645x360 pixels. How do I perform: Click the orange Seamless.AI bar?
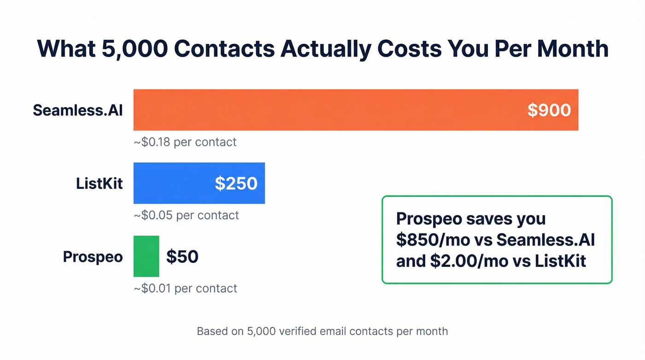(322, 110)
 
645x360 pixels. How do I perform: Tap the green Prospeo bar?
(146, 256)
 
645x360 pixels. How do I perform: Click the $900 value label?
(549, 110)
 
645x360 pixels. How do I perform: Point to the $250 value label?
(236, 183)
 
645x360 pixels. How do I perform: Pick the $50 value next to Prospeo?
(182, 256)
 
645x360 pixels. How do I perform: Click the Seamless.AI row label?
(78, 110)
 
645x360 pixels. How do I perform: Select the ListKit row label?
(100, 183)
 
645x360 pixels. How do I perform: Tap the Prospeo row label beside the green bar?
(93, 257)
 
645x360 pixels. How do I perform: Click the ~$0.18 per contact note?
(185, 142)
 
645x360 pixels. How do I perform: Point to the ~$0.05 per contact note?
(186, 215)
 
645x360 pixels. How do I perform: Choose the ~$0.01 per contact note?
(185, 288)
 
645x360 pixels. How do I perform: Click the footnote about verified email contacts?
(322, 331)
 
